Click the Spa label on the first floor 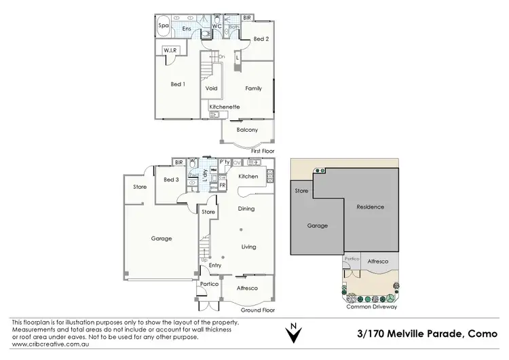point(164,26)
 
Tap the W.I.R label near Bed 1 point(170,50)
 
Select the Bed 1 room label point(178,84)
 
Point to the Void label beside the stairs point(211,88)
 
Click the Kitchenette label point(225,107)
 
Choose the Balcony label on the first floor point(247,130)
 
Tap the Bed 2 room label point(261,39)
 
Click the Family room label point(254,88)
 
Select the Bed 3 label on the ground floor point(172,179)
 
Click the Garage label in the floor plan point(161,238)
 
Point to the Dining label point(246,209)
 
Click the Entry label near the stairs point(215,266)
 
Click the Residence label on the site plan point(371,206)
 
